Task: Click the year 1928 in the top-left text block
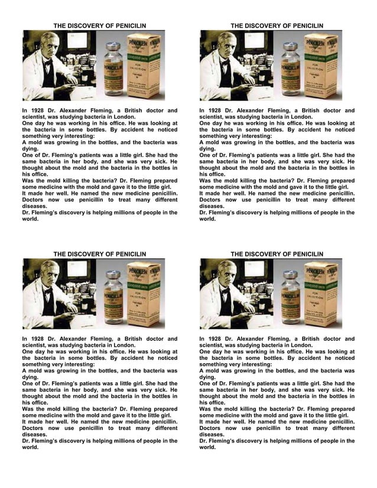[37, 110]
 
